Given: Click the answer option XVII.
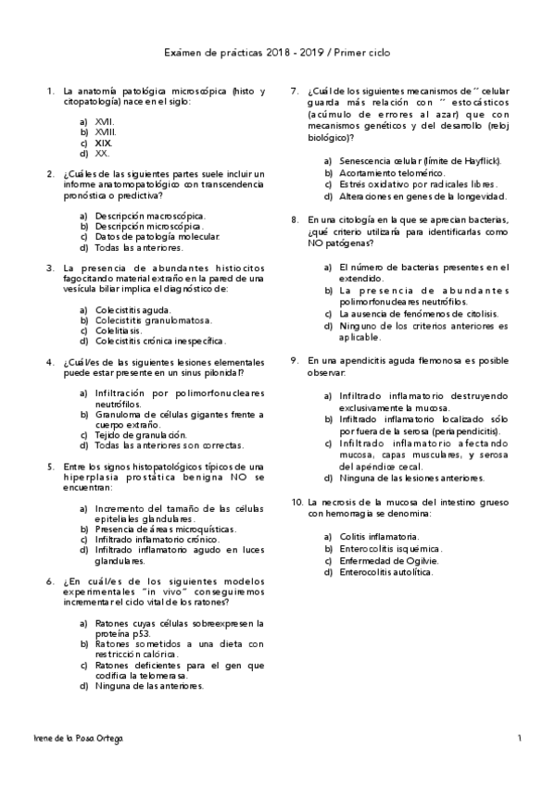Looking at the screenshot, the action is coord(105,121).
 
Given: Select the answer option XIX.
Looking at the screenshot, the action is coord(104,143).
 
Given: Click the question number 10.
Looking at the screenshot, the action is coord(296,501).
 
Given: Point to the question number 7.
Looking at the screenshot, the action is coord(294,92).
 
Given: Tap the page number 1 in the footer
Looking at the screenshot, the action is coord(521,738).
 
